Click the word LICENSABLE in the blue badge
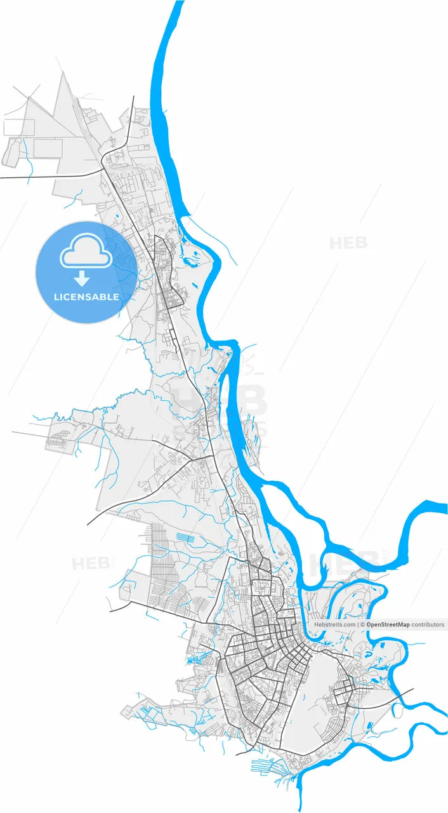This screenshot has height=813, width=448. pos(86,297)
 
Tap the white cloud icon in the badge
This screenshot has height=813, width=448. pos(86,253)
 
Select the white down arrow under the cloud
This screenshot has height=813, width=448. pos(82,278)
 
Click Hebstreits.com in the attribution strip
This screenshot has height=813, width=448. pos(335,625)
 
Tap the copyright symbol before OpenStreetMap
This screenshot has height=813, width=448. pos(362,625)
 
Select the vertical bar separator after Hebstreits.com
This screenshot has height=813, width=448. pos(358,625)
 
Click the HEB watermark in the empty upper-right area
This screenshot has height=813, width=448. pos(348,243)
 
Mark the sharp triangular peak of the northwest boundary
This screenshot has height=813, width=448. pos(63,73)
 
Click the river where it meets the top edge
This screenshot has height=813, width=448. pos(178,3)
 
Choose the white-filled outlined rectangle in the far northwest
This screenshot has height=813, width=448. pos(18,126)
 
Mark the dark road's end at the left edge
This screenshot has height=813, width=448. pos(2,177)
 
